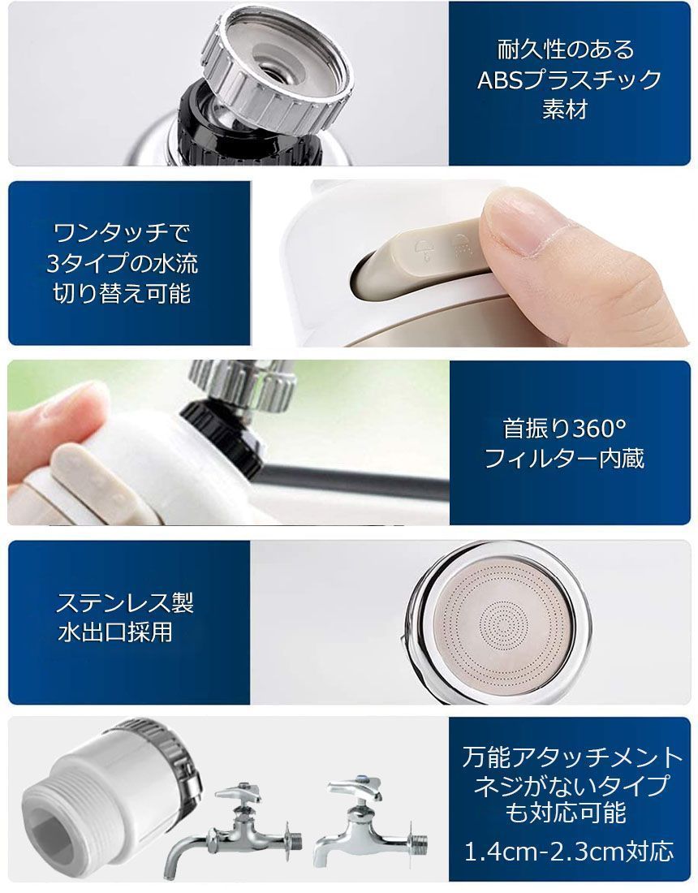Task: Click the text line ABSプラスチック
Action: coord(569,80)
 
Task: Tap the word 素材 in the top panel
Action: coord(565,109)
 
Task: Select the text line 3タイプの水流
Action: coord(123,264)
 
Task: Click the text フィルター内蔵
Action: coord(564,459)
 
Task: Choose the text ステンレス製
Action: coord(125,602)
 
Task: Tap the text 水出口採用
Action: coord(115,632)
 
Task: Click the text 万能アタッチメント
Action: coord(572,757)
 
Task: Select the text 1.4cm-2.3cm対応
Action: coord(569,852)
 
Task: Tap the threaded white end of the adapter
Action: coord(57,803)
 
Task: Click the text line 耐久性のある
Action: coord(566,50)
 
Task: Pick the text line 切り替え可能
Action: coord(122,294)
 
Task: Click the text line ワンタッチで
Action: coord(121,233)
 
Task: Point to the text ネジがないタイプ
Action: coord(571,786)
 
